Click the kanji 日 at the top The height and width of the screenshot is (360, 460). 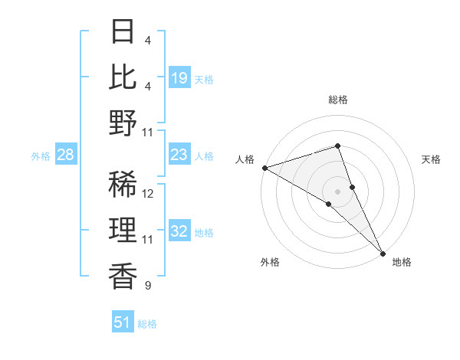point(123,31)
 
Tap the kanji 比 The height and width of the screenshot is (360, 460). point(123,77)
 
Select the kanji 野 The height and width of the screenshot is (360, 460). point(123,122)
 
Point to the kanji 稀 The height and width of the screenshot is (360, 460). point(123,185)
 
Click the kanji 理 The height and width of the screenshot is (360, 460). point(123,231)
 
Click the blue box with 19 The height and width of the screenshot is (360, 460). point(179,78)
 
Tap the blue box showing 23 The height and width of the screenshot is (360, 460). point(179,155)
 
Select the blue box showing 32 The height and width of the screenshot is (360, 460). point(179,232)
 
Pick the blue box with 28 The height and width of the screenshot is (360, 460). point(66,155)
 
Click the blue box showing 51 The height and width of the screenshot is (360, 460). point(123,322)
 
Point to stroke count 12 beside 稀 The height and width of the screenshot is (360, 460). point(149,194)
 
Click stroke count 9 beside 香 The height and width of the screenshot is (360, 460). point(147,286)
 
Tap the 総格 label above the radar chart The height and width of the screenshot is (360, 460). point(337,100)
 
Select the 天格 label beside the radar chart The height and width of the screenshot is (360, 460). point(432,159)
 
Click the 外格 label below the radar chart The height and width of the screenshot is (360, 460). point(269,262)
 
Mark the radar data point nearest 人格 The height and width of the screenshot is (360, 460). point(264,167)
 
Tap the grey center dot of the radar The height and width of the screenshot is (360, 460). point(337,191)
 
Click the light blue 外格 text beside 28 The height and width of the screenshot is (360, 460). point(41,156)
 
